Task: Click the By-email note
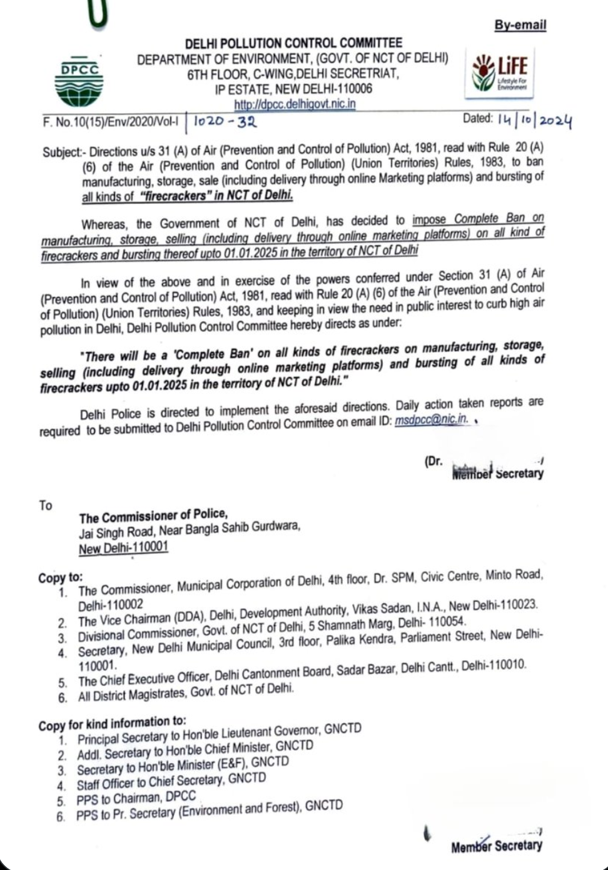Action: coord(520,26)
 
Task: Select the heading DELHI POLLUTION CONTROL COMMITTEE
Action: coord(293,44)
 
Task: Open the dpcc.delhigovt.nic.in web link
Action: coord(295,104)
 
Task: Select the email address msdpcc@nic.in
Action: coord(432,420)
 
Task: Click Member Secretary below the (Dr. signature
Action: coord(497,474)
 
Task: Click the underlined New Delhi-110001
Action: coord(123,549)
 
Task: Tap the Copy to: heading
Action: coord(60,577)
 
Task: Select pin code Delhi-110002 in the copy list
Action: coord(111,605)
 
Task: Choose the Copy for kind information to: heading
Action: coord(112,724)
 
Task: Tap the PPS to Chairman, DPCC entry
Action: coord(136,799)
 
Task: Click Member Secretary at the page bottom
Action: coord(497,846)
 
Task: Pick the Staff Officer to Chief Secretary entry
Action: coord(171,782)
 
